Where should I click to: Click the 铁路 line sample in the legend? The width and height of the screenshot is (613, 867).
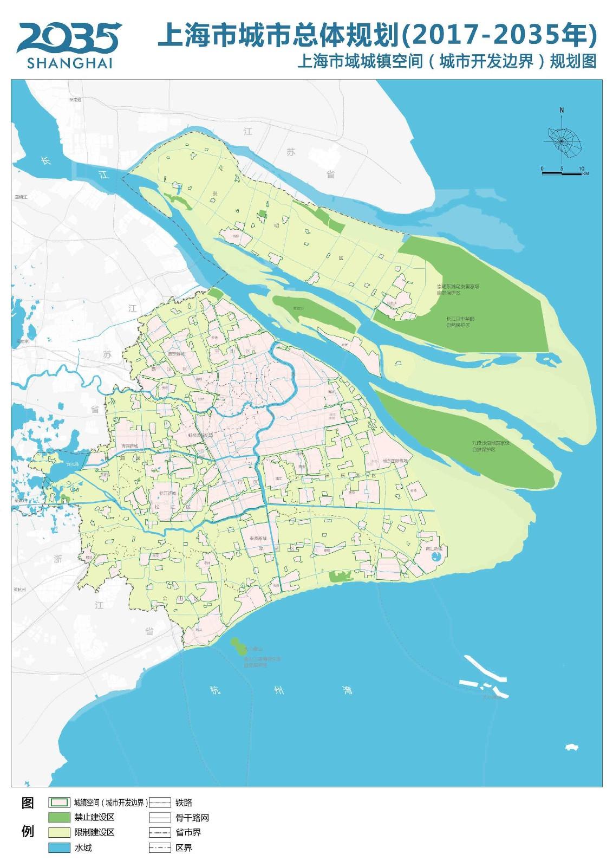[x=160, y=803]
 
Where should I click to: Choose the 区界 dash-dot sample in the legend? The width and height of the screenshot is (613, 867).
[x=160, y=847]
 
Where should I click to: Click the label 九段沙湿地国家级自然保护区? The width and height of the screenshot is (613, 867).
[x=491, y=446]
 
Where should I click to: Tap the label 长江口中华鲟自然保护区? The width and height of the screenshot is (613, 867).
[x=460, y=322]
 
